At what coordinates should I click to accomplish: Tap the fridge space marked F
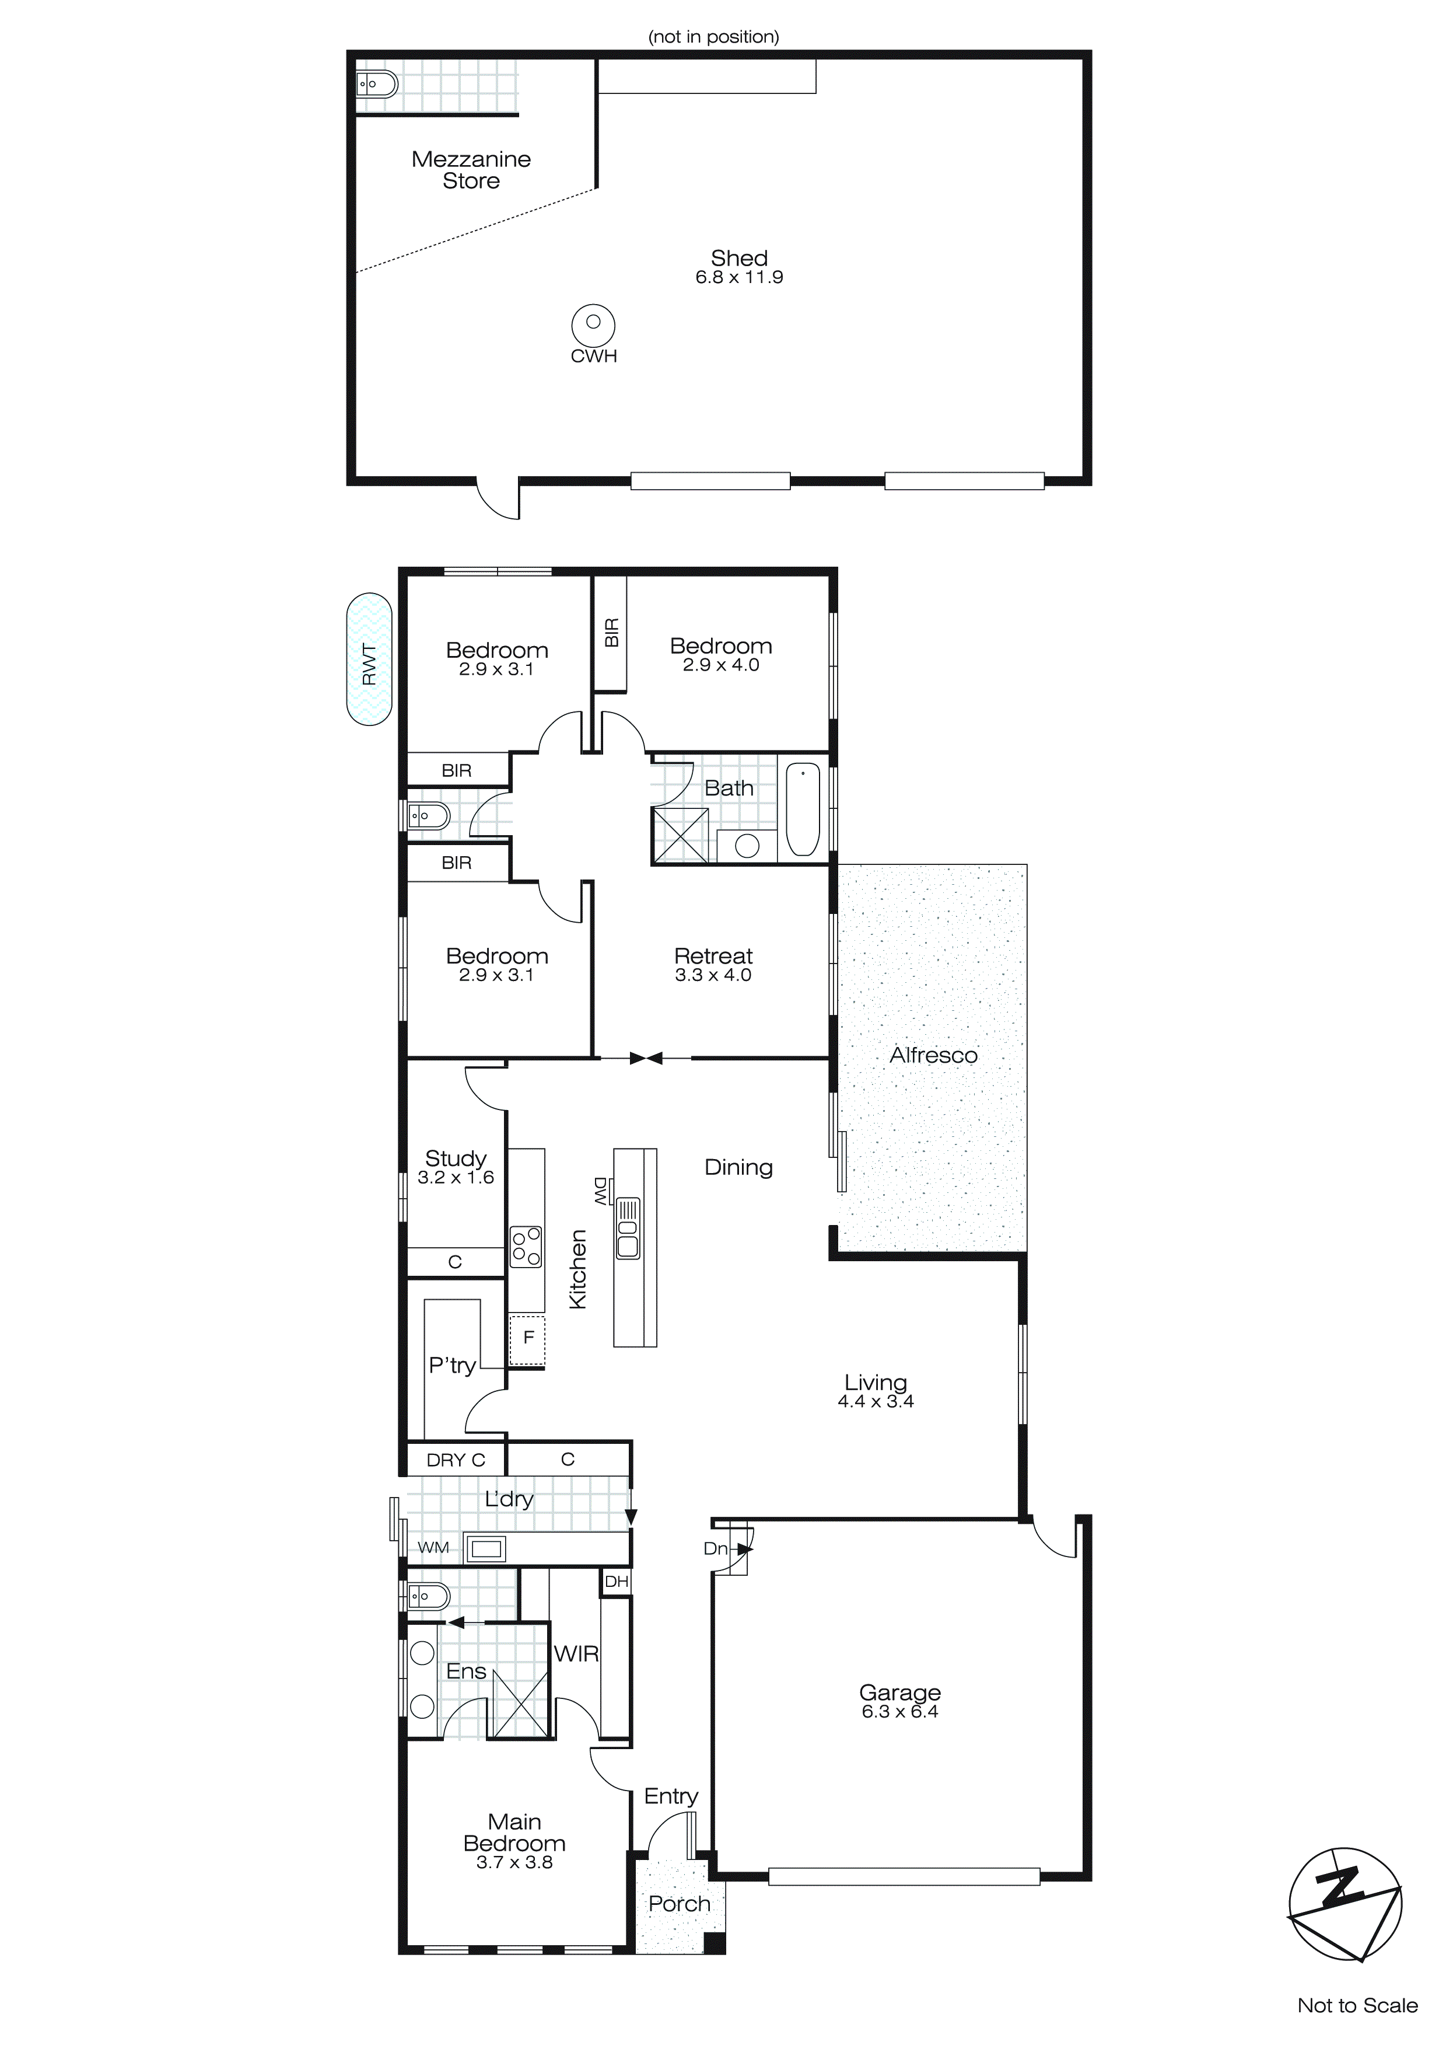click(x=528, y=1337)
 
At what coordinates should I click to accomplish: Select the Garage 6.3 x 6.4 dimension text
click(x=899, y=1711)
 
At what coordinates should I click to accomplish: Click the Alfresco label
click(x=933, y=1055)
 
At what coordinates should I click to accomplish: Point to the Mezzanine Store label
click(x=471, y=170)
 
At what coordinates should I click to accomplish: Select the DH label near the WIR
click(x=616, y=1582)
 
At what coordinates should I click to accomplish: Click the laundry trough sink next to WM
click(x=486, y=1549)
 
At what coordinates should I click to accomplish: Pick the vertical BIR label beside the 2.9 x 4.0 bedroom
click(x=611, y=633)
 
